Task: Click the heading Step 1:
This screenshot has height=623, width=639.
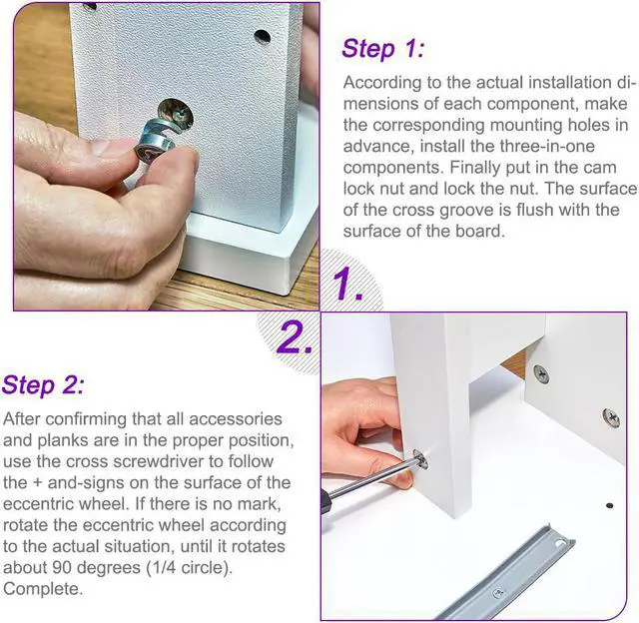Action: (x=383, y=49)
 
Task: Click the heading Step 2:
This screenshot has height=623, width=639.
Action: (x=44, y=385)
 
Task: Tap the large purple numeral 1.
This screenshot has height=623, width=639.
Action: (x=346, y=284)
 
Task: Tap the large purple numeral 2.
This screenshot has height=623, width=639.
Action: (x=295, y=337)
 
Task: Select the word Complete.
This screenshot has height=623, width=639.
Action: (x=42, y=589)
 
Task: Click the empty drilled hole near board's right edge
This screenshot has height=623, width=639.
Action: (x=263, y=37)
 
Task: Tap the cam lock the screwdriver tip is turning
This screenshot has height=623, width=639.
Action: (x=420, y=459)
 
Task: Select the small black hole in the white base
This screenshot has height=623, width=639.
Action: (x=610, y=505)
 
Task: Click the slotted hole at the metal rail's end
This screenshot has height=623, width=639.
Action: (x=561, y=544)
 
